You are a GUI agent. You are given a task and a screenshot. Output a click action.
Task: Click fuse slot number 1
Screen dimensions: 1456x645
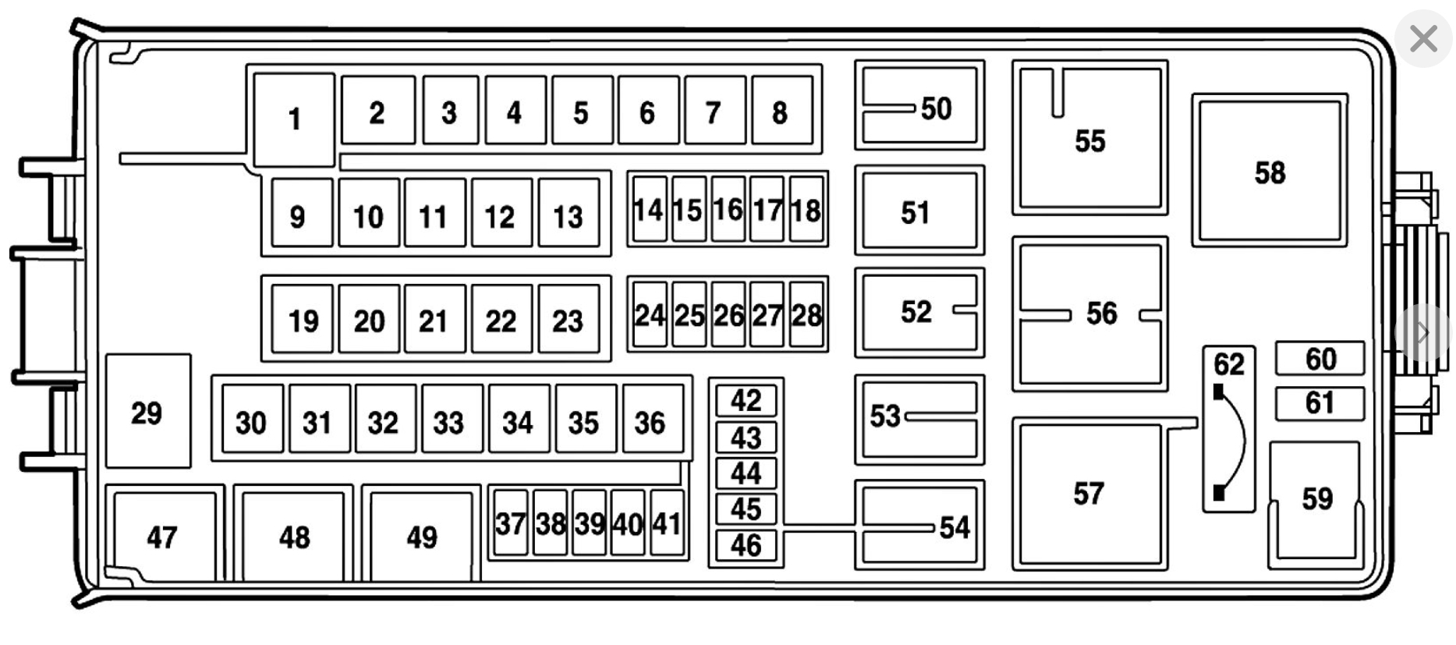294,119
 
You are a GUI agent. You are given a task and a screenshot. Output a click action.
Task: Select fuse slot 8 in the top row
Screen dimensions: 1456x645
781,112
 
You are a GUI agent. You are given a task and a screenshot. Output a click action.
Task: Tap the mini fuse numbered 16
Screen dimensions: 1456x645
728,209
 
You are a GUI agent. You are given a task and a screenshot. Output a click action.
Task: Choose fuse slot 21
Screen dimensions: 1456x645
434,320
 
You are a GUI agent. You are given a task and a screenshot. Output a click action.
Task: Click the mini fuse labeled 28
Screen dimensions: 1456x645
806,314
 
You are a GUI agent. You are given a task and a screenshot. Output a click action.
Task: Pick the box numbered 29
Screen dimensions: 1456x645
147,412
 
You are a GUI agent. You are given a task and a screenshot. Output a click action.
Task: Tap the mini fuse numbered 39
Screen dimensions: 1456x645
589,523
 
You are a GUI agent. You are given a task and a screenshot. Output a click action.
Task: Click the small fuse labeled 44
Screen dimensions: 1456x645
746,473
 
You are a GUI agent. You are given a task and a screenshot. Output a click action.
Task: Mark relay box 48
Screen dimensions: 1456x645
294,536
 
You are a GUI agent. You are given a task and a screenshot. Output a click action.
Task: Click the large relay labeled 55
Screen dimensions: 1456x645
1089,140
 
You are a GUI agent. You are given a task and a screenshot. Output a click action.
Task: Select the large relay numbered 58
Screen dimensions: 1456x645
1269,172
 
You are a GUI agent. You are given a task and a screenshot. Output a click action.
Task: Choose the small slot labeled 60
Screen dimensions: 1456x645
1320,359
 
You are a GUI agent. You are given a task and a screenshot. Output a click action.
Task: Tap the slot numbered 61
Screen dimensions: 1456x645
1320,403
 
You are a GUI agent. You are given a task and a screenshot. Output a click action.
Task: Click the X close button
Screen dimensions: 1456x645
1423,38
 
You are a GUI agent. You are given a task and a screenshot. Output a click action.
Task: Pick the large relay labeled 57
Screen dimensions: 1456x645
1089,493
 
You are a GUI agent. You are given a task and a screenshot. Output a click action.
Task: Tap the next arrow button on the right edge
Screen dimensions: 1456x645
1423,333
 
